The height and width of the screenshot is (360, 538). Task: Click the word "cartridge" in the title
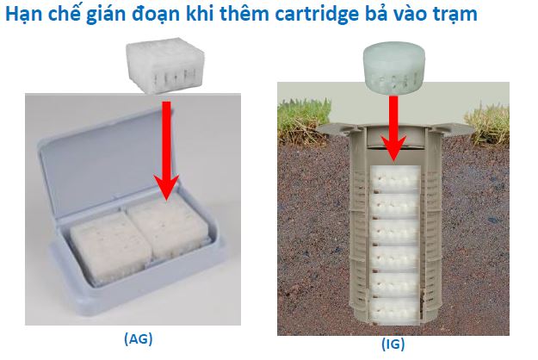(317, 15)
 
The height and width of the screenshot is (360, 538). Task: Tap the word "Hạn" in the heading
(23, 15)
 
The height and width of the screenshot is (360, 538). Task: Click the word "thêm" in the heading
(245, 14)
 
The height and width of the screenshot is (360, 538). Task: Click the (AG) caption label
(139, 339)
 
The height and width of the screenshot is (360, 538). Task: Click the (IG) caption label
(393, 344)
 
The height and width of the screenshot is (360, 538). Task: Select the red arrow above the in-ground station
(393, 128)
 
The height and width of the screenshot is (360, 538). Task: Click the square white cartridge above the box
(165, 65)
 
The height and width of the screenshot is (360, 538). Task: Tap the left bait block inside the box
(110, 248)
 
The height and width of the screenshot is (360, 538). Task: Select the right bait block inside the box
(169, 227)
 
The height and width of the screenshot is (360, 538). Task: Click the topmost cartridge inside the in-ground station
(396, 179)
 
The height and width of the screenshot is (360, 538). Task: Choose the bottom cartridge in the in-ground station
(394, 311)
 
